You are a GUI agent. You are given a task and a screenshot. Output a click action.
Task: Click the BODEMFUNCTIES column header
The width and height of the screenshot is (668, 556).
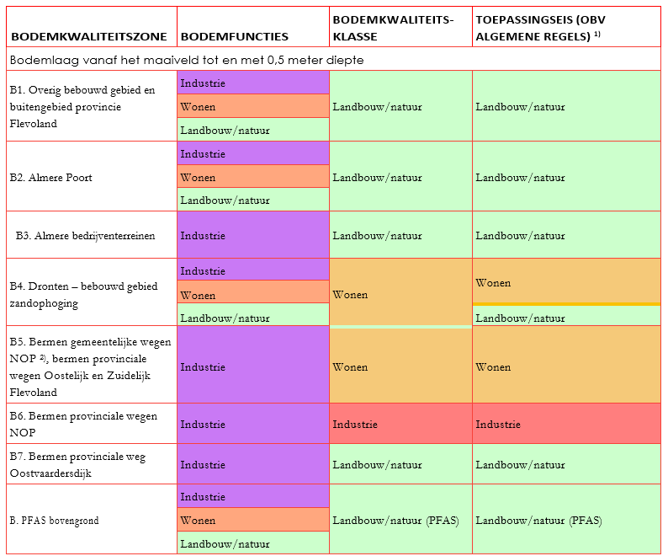pos(235,37)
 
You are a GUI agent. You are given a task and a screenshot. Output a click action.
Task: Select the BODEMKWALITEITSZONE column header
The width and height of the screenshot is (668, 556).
pos(88,37)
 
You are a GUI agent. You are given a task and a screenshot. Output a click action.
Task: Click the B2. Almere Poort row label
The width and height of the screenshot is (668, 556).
pos(51,178)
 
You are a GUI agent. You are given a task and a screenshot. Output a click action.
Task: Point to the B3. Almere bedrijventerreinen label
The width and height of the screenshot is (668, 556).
pos(85,236)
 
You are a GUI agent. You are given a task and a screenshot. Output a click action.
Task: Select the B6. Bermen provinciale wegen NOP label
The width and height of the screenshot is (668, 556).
pos(83,424)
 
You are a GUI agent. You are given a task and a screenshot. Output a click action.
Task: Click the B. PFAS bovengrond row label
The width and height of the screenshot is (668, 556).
pos(55,521)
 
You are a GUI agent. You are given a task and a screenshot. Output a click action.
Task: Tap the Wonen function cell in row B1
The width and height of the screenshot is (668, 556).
pos(252,107)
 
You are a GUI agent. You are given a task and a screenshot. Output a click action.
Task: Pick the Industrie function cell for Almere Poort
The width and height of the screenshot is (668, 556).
pos(252,154)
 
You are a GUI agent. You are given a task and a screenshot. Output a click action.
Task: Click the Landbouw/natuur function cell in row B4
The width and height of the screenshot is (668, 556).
pos(252,318)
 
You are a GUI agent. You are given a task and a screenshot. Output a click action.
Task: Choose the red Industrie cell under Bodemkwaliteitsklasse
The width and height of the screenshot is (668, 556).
pos(400,425)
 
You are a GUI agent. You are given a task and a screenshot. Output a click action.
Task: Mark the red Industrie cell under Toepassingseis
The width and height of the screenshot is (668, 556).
pos(566,425)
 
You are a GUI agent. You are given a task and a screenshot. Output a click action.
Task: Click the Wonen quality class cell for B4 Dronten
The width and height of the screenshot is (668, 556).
pos(400,295)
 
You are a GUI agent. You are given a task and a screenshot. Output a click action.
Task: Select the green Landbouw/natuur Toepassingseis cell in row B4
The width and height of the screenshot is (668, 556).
pos(566,318)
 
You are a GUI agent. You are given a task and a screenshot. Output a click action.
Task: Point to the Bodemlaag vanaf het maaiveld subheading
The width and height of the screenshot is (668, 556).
pos(187,60)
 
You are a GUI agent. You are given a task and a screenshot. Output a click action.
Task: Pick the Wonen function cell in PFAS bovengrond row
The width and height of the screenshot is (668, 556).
pos(252,521)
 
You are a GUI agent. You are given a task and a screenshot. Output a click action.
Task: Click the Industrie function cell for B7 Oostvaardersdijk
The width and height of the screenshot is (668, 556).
pos(252,464)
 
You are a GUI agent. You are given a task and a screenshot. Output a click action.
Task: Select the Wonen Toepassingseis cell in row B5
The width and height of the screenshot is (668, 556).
pos(566,367)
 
